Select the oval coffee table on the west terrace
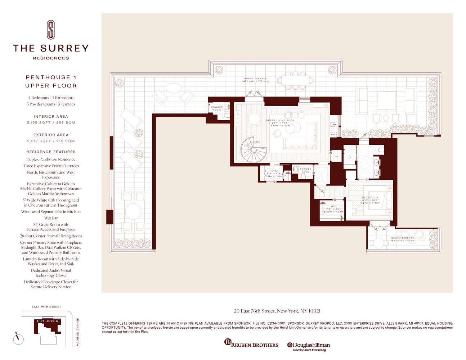[x=173, y=88]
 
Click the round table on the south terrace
[x=378, y=243]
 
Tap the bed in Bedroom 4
[x=377, y=200]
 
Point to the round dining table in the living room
[x=254, y=119]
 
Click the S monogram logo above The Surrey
[x=51, y=30]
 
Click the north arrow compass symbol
[x=18, y=339]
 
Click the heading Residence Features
[x=51, y=152]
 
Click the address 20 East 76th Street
[x=277, y=311]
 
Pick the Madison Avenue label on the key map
[x=77, y=332]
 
